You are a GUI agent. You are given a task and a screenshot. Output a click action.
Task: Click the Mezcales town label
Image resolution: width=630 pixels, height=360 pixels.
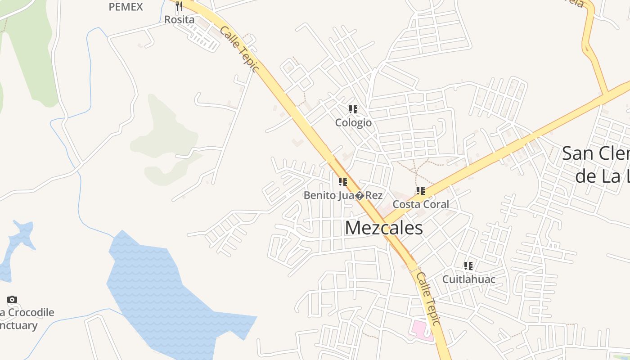383,228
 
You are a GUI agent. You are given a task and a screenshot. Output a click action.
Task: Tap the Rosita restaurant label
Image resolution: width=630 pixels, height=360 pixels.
179,20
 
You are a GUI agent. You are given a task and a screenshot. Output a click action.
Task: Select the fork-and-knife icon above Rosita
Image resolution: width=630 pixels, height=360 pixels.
179,6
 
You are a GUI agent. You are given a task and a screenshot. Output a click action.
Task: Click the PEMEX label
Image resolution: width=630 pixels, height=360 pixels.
126,7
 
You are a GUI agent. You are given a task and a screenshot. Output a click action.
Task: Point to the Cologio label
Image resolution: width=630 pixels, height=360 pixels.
353,122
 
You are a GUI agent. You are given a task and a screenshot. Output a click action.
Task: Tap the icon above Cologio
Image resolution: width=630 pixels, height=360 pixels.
353,109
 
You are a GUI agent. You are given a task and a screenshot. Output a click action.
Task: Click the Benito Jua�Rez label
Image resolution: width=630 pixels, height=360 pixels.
343,195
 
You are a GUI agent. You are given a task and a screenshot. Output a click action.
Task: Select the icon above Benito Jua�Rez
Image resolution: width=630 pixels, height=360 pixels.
343,182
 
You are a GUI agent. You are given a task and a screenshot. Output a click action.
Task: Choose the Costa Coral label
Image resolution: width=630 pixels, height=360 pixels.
421,204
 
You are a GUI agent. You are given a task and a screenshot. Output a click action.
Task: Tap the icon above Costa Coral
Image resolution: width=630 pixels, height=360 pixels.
421,191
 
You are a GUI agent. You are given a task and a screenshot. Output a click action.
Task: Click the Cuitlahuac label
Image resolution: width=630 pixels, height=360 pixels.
468,279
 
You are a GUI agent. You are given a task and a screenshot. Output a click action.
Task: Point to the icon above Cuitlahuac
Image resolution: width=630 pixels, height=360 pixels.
468,266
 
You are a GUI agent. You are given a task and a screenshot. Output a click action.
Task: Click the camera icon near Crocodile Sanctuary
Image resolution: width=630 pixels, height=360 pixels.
12,299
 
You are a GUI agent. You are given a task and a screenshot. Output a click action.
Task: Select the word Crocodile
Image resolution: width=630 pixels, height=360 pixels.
31,312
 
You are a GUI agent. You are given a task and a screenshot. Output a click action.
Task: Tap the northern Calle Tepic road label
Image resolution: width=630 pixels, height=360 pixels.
239,49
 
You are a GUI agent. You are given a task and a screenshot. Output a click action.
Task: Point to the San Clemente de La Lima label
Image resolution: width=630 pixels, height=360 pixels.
596,164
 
